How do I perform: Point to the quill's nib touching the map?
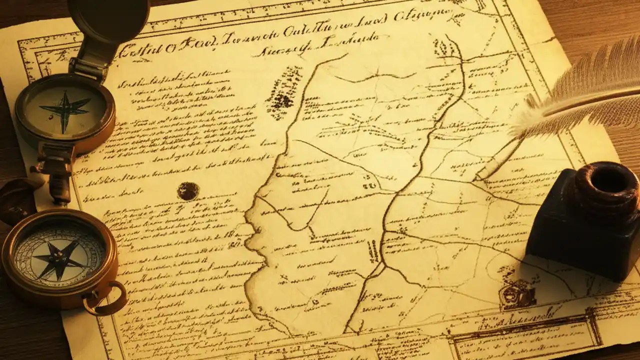coord(481,174)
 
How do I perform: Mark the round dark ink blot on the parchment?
coord(188,191)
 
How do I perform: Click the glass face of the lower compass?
coord(59,256)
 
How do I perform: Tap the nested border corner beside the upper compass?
coord(37,55)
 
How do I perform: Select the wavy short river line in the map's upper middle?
coord(375,77)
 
